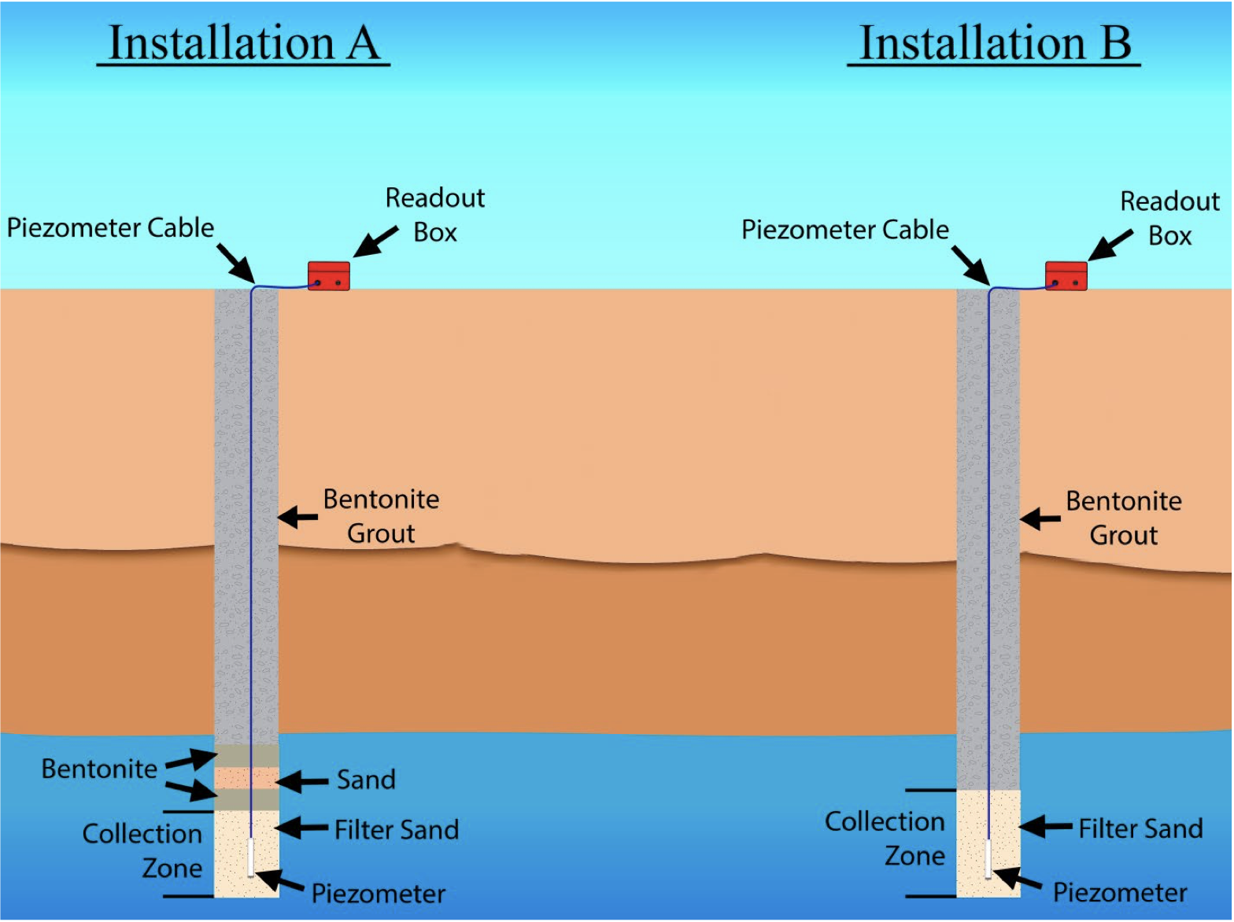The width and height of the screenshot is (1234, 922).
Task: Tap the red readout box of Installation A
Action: [329, 276]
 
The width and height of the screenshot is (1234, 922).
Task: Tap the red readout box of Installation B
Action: [1066, 276]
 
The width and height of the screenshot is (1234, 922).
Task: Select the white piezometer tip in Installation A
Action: [251, 857]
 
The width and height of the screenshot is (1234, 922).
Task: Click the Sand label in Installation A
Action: [366, 780]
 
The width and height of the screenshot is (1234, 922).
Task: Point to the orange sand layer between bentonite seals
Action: [247, 778]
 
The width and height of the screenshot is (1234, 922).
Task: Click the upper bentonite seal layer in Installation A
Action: [247, 756]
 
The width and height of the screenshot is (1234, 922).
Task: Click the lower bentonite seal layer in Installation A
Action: [247, 799]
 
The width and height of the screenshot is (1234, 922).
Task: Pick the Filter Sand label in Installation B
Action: [1140, 828]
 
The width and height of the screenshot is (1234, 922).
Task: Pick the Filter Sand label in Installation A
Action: [397, 830]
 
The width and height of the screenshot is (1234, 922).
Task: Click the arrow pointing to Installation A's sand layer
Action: [302, 781]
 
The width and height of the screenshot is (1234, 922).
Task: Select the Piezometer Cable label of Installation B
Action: [845, 229]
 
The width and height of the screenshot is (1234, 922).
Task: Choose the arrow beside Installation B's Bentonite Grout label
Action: [1040, 518]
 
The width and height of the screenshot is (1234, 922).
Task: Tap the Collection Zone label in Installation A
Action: [142, 850]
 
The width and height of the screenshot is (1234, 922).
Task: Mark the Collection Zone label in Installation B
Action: [885, 839]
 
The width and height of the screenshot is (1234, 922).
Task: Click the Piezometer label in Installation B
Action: [1120, 892]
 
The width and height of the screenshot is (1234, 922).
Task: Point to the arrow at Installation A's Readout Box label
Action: [375, 242]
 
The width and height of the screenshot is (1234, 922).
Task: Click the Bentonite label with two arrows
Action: [99, 769]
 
